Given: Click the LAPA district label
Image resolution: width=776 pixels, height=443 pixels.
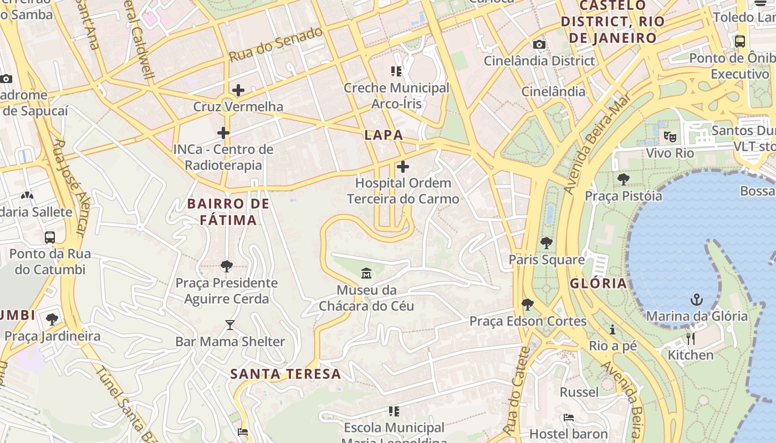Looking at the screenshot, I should click(384, 135).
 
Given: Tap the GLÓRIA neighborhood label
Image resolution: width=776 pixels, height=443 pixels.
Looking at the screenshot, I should click(598, 284).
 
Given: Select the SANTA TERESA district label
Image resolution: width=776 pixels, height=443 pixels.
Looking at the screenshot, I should click(285, 374).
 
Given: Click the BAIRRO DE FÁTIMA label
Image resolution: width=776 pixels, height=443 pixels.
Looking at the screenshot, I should click(228, 212).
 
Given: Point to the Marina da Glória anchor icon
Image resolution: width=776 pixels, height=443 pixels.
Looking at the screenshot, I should click(696, 300).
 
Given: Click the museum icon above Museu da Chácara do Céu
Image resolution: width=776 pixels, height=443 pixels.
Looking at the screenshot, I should click(366, 274).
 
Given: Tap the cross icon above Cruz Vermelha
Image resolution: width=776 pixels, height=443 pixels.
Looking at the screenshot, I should click(238, 90).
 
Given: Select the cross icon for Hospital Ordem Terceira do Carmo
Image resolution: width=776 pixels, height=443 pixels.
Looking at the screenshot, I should click(403, 166).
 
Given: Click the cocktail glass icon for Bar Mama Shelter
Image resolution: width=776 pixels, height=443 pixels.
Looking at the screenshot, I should click(229, 325).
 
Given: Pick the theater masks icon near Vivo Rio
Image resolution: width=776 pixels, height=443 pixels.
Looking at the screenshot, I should click(670, 136).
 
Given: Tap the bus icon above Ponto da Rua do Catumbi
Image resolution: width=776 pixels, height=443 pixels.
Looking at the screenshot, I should click(50, 238).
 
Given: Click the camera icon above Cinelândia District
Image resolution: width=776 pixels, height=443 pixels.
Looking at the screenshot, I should click(539, 44).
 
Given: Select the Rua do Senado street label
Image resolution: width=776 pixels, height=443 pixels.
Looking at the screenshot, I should click(275, 44).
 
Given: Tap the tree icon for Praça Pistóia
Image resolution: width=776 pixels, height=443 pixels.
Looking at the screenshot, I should click(624, 179).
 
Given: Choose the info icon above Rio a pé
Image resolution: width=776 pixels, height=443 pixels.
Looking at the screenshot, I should click(612, 329).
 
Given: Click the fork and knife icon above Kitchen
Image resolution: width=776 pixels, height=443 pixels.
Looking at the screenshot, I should click(690, 338).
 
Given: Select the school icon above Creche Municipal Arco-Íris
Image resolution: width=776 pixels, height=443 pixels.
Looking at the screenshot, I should click(396, 71).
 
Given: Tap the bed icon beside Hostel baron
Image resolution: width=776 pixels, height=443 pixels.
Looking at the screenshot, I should click(568, 417).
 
